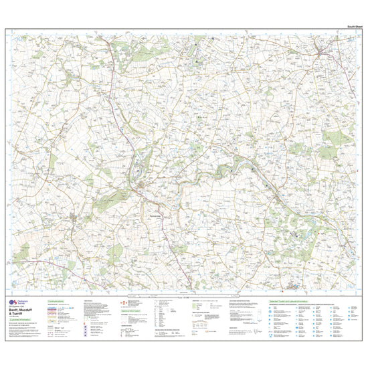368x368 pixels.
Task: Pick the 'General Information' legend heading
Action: (132, 311)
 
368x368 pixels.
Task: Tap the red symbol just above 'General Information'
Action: (123, 303)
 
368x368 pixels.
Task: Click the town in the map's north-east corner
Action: (326, 52)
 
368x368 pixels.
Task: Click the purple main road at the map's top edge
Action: (108, 35)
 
